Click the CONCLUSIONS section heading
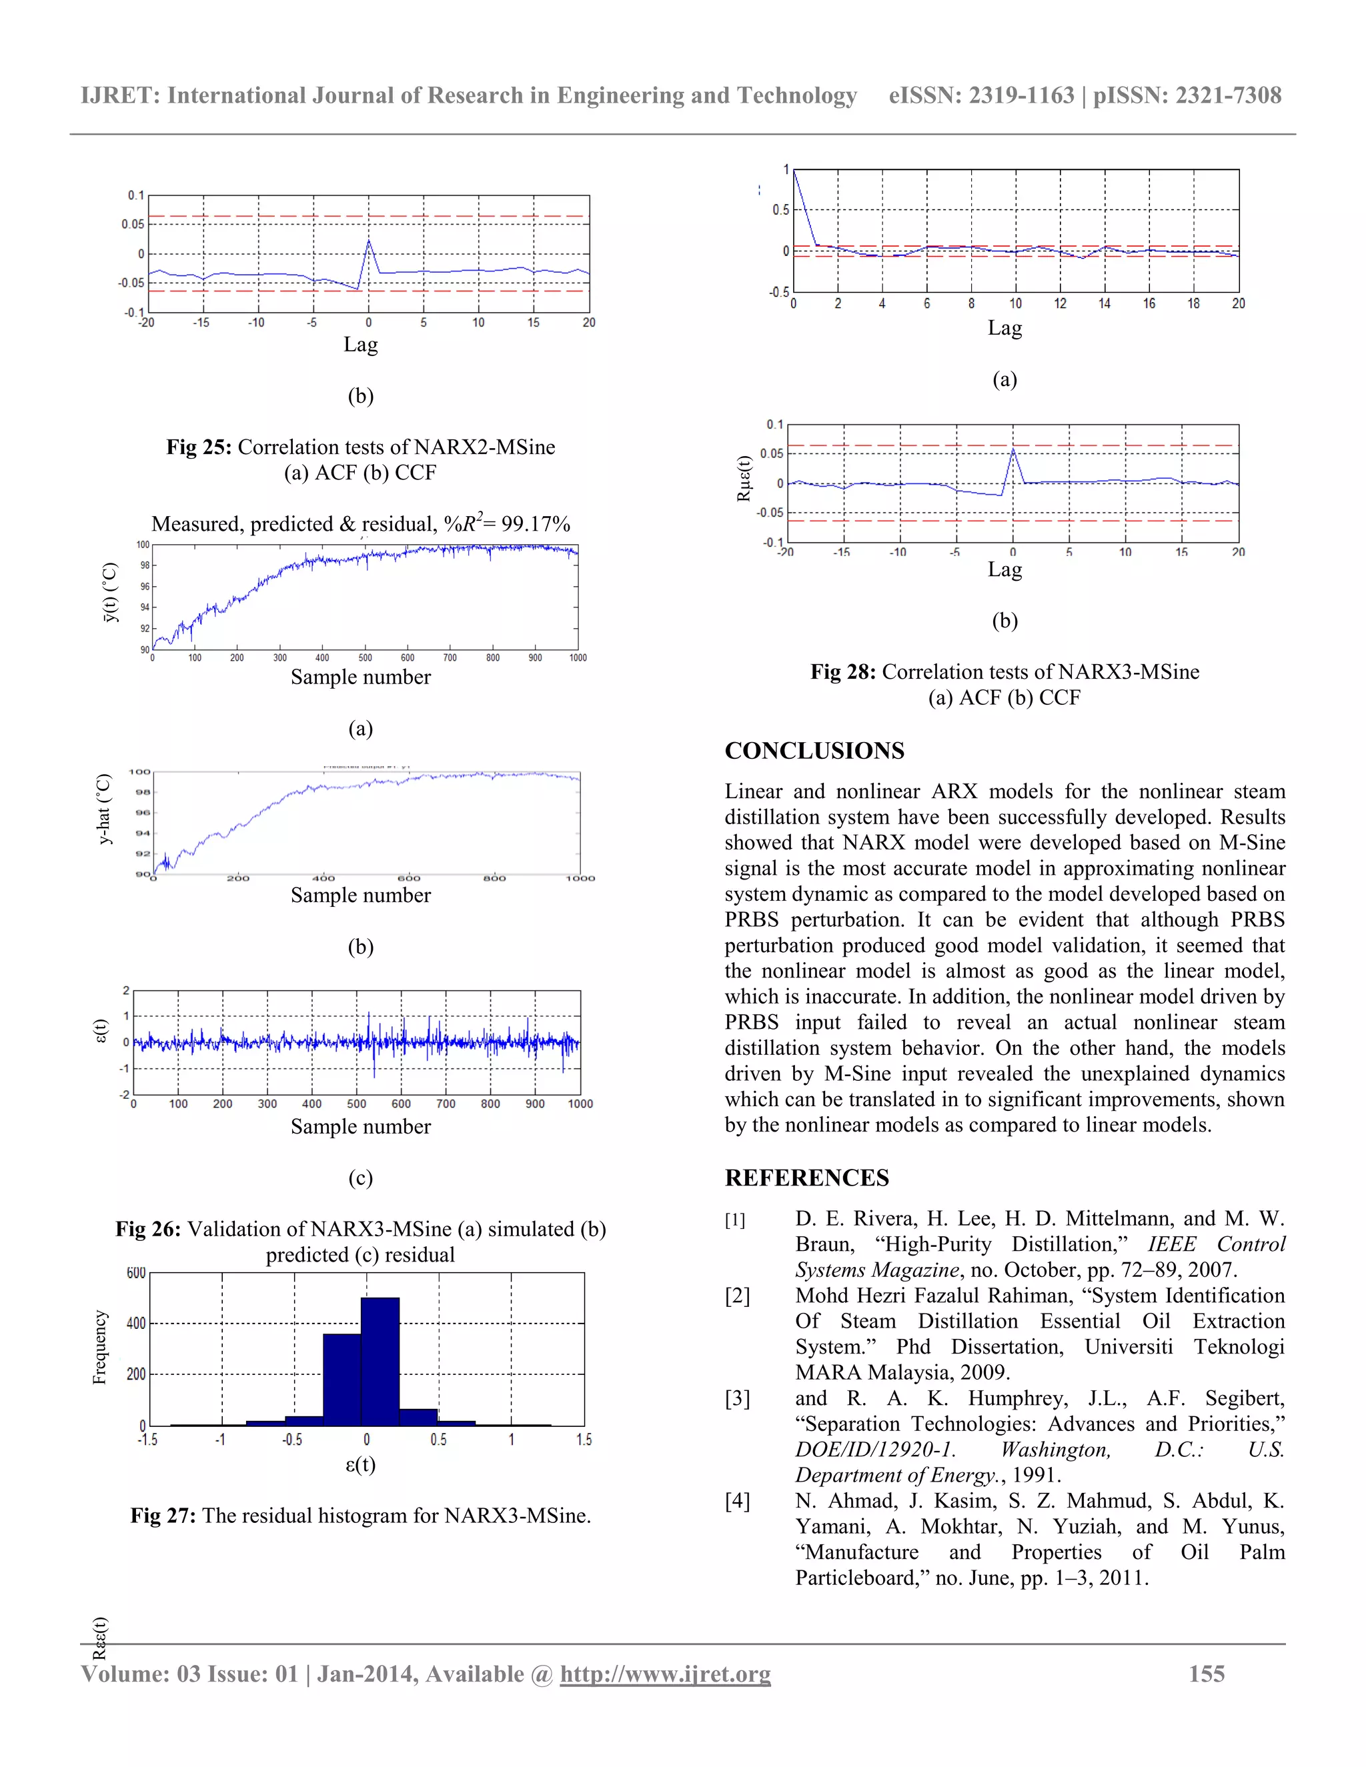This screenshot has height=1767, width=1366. point(814,751)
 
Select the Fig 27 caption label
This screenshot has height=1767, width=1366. point(163,1516)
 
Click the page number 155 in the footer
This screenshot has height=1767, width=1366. point(1206,1674)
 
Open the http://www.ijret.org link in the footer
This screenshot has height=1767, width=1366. point(665,1674)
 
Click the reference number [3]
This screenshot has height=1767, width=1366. point(737,1399)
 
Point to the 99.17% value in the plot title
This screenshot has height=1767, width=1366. point(535,524)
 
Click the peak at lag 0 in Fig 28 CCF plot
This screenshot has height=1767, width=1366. point(1013,451)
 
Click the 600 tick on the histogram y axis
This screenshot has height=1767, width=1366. point(136,1274)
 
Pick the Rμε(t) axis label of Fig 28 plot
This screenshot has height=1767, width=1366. point(744,479)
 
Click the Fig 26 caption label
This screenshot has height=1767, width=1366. point(148,1230)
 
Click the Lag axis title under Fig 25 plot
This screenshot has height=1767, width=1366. point(360,345)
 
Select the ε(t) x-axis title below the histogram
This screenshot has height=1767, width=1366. point(360,1465)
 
